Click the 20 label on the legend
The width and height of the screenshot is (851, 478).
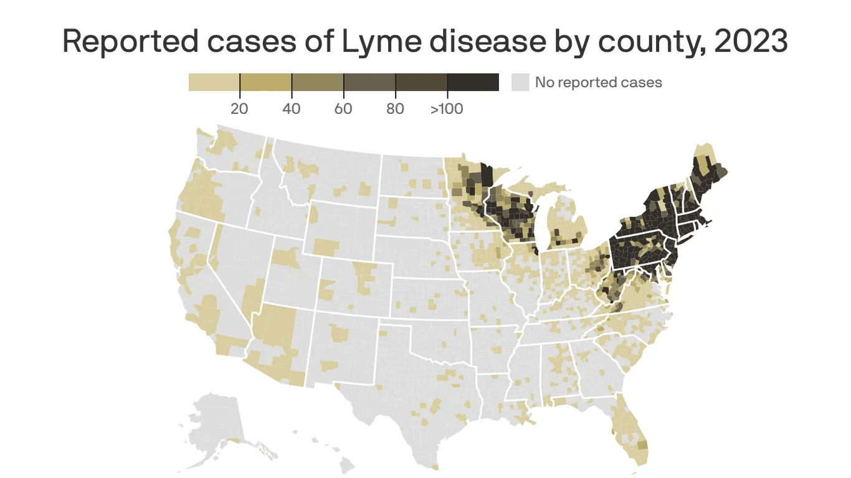point(239,109)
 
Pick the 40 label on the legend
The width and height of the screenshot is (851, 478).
point(291,109)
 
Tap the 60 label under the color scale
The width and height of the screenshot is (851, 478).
point(343,109)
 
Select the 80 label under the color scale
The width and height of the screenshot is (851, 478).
point(395,109)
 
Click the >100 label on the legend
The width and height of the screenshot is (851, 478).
point(446,109)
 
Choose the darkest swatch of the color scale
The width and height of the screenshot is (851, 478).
point(473,82)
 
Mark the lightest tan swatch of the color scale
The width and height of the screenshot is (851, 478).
point(214,82)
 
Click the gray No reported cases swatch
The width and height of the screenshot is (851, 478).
point(520,82)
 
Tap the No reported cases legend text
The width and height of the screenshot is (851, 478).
point(598,82)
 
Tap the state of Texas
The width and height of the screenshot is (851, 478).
point(411,398)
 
